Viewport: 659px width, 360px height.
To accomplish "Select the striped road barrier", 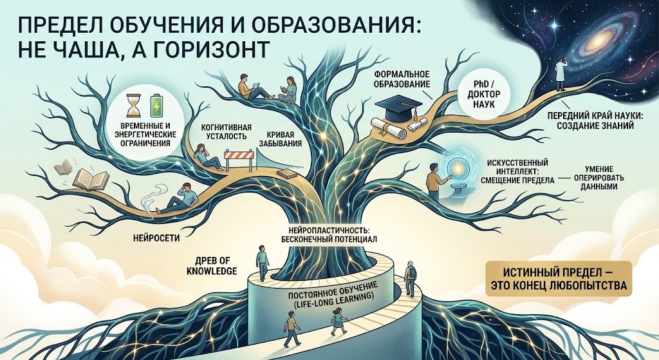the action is click(239, 158).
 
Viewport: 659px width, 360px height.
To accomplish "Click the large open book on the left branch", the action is click(88, 177).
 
